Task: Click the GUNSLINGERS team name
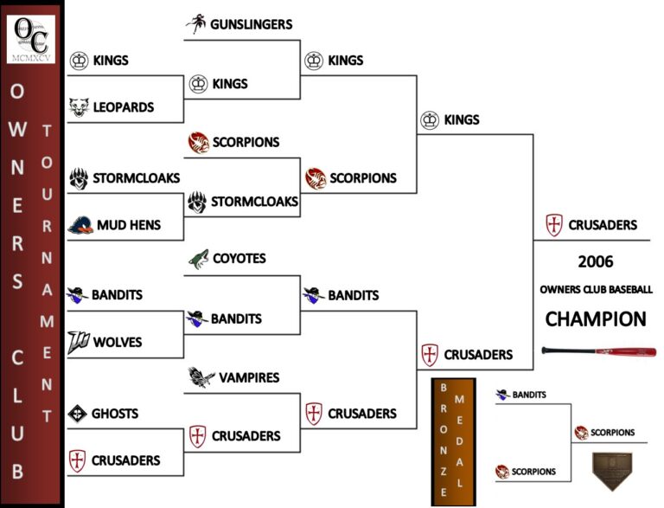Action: pos(251,25)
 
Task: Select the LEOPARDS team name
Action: pos(124,107)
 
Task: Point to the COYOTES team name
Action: pos(239,259)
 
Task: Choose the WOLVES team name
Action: pos(118,342)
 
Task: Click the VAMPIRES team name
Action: pos(249,377)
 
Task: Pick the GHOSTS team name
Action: pos(115,414)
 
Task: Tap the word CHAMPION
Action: pos(595,318)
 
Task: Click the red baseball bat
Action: pos(598,351)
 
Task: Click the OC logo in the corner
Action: pos(31,36)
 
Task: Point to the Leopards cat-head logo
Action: pos(79,107)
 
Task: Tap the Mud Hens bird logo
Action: pos(80,225)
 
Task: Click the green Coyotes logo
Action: pos(199,259)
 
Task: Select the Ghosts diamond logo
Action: pos(78,414)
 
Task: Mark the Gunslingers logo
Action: pos(195,25)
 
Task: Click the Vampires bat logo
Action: pos(200,377)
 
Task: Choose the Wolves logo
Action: pos(79,342)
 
